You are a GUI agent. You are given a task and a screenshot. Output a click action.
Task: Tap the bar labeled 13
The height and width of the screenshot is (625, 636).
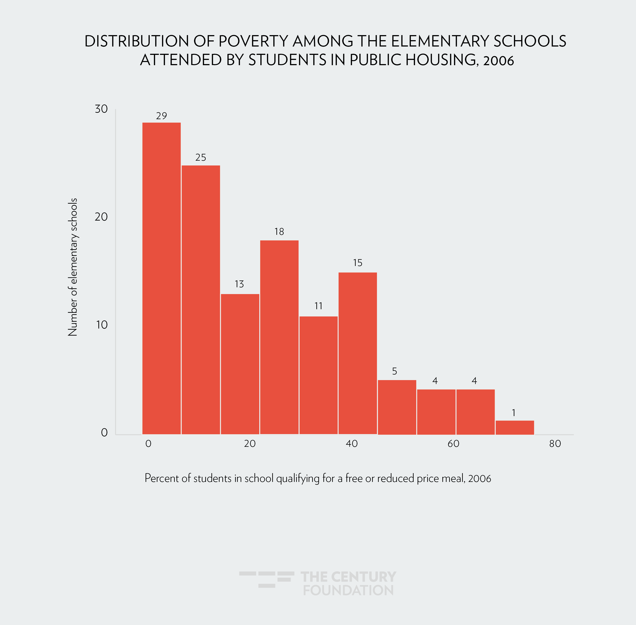coord(240,364)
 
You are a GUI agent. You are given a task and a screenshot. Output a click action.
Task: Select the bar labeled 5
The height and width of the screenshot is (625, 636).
coord(397,407)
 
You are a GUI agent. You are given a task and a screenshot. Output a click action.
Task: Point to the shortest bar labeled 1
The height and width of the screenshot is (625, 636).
coord(515,427)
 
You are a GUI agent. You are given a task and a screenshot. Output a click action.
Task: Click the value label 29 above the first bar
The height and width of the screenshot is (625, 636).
coord(161,116)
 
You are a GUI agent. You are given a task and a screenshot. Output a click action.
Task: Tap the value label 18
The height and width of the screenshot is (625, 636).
coord(279,232)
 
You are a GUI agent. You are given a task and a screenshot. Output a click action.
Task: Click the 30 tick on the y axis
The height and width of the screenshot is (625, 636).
coord(101,109)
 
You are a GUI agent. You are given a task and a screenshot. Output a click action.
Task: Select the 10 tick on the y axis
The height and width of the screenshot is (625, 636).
coord(102,325)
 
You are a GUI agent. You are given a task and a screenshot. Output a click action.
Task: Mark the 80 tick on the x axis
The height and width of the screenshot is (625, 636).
coord(555,444)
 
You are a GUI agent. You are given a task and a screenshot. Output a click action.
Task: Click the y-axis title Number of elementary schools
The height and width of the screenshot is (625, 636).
coord(73,267)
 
